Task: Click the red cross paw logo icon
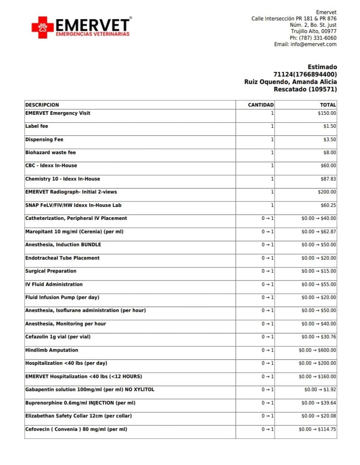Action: click(42, 27)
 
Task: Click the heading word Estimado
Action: click(322, 67)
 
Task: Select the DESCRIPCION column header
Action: click(42, 105)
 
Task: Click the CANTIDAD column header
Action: click(260, 105)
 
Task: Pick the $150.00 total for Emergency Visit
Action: click(327, 113)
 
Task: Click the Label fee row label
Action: click(36, 126)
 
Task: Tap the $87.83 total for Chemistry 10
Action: click(328, 179)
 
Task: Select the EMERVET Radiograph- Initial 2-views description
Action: click(71, 192)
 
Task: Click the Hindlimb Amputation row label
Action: click(52, 350)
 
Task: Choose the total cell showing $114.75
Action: click(317, 429)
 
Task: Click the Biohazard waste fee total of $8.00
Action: click(330, 153)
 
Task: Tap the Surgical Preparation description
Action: click(51, 271)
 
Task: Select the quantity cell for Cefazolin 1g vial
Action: click(267, 337)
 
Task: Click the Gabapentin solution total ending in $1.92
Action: click(320, 390)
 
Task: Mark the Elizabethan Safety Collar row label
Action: click(78, 416)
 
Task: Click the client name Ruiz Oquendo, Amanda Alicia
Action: click(291, 82)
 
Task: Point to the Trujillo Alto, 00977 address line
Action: click(314, 31)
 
